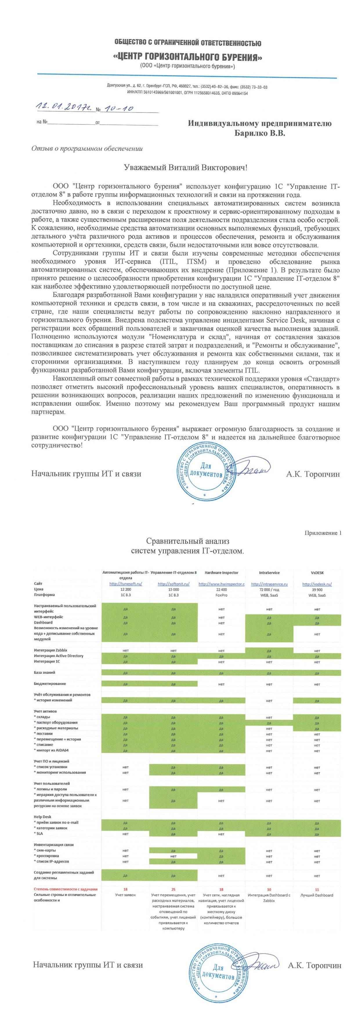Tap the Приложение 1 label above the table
(323, 533)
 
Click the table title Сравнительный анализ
(187, 541)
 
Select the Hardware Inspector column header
(221, 572)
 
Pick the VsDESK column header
(317, 572)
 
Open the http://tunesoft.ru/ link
(125, 584)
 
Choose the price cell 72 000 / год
(269, 589)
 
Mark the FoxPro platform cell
(221, 595)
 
